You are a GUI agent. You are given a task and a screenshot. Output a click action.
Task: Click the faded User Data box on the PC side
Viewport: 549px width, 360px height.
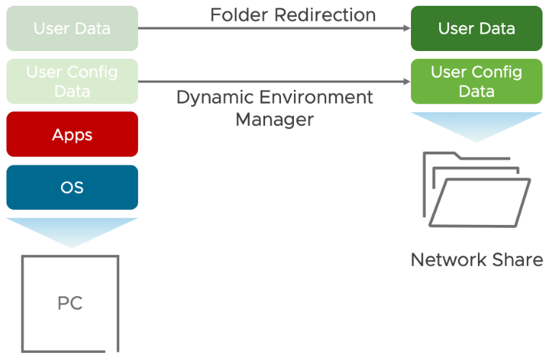pyautogui.click(x=72, y=29)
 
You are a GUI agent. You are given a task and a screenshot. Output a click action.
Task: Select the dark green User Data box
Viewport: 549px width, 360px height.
pyautogui.click(x=476, y=29)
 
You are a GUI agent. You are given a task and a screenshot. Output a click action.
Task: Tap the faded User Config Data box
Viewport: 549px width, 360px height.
pyautogui.click(x=72, y=82)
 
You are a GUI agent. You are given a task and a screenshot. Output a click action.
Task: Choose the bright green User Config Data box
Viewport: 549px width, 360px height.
pyautogui.click(x=476, y=82)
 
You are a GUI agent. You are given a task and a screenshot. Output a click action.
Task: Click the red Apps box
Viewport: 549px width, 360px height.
pyautogui.click(x=72, y=134)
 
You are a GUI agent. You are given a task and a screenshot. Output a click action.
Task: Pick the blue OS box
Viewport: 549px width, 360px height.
pyautogui.click(x=72, y=188)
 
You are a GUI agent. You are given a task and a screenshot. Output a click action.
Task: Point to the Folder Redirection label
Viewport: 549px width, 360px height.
pyautogui.click(x=292, y=14)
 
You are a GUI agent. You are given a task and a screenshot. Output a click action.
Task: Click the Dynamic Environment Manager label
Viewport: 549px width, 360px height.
pyautogui.click(x=274, y=108)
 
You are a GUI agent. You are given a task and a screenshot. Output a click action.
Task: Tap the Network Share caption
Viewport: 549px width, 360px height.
pyautogui.click(x=476, y=259)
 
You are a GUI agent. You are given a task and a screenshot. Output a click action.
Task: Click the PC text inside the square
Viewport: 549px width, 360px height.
pyautogui.click(x=70, y=303)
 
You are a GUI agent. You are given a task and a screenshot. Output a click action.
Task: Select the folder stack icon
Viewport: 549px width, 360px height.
pyautogui.click(x=476, y=188)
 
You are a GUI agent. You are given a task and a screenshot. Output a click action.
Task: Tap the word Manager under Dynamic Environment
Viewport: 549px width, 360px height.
pyautogui.click(x=274, y=119)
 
